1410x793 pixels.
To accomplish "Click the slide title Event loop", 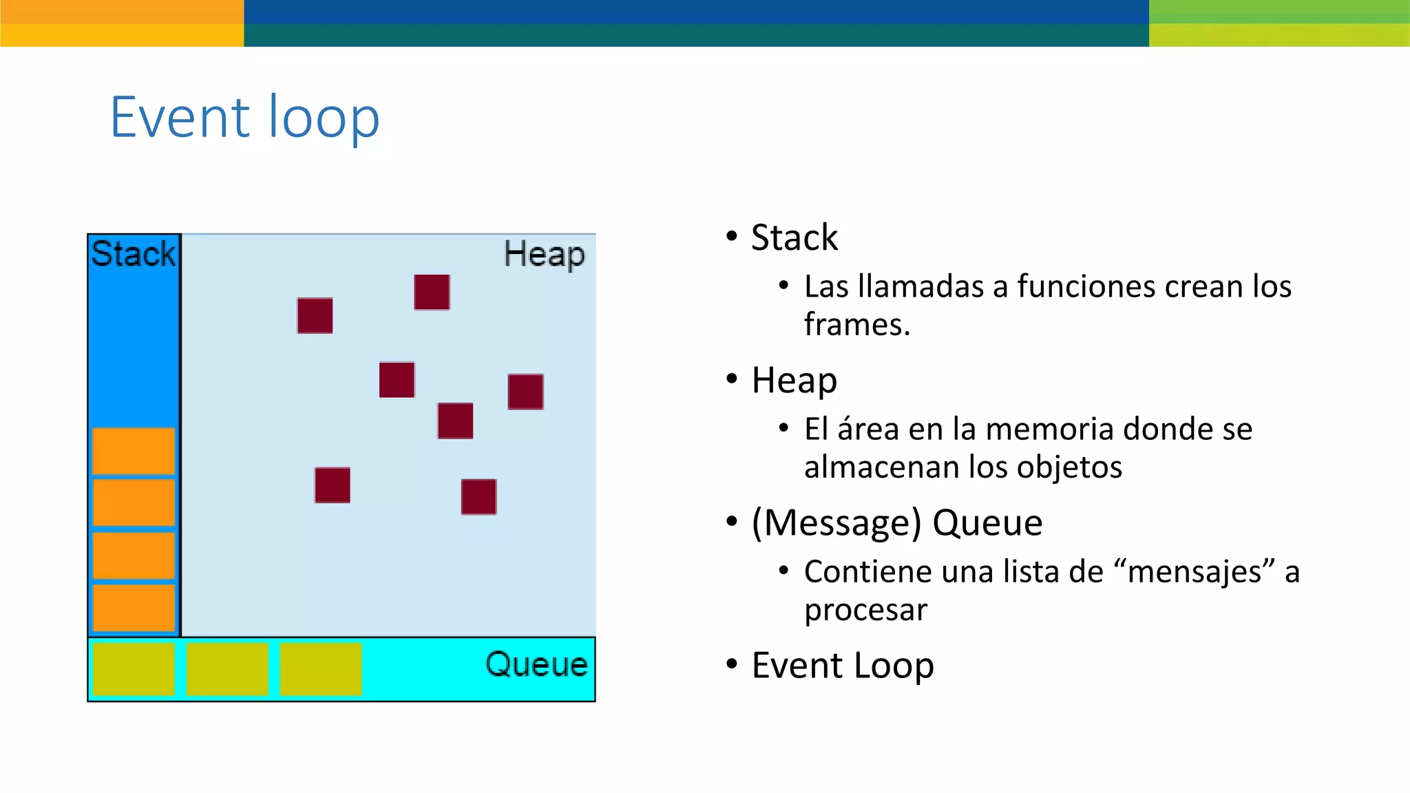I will (244, 117).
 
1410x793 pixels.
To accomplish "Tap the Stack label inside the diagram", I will (134, 253).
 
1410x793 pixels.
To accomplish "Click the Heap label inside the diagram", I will (544, 254).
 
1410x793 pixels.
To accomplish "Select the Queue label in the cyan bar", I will (536, 664).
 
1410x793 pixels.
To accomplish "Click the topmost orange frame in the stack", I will (134, 451).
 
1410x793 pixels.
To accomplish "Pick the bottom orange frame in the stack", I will (134, 607).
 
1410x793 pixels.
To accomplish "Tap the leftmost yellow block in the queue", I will (134, 668).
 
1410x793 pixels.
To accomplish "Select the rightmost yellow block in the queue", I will (321, 668).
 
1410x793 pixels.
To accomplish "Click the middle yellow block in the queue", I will (227, 668).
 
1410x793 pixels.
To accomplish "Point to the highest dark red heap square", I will (432, 292).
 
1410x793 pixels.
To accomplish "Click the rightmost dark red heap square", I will (525, 392).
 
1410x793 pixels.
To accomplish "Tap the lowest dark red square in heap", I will (478, 496).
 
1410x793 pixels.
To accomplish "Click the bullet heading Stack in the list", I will (794, 237).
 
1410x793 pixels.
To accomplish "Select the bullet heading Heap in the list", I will (794, 380).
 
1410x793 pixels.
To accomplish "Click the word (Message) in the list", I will (836, 522).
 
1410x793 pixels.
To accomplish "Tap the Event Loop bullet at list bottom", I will (842, 665).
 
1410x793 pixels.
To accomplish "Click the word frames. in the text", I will (856, 324).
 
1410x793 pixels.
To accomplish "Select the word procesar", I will (865, 610).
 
